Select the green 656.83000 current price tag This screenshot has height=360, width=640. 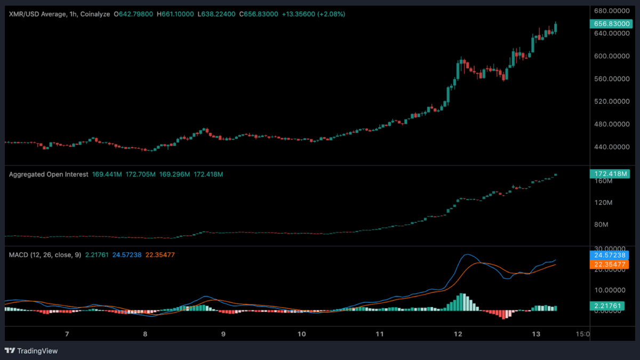pyautogui.click(x=609, y=23)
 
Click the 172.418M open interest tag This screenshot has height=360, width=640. pyautogui.click(x=609, y=174)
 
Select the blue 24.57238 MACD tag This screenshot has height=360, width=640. pyautogui.click(x=609, y=255)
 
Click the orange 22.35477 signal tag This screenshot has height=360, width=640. pyautogui.click(x=609, y=265)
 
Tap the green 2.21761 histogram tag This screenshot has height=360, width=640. pyautogui.click(x=609, y=306)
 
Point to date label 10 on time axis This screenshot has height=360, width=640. pyautogui.click(x=301, y=334)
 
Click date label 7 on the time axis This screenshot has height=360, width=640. pyautogui.click(x=67, y=334)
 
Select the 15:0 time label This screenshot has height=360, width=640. pyautogui.click(x=583, y=334)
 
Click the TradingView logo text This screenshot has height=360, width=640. pyautogui.click(x=37, y=351)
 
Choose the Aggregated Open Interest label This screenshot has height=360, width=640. pyautogui.click(x=49, y=174)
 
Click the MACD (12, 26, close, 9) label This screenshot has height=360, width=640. pyautogui.click(x=45, y=255)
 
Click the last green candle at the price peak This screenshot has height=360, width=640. pyautogui.click(x=556, y=28)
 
